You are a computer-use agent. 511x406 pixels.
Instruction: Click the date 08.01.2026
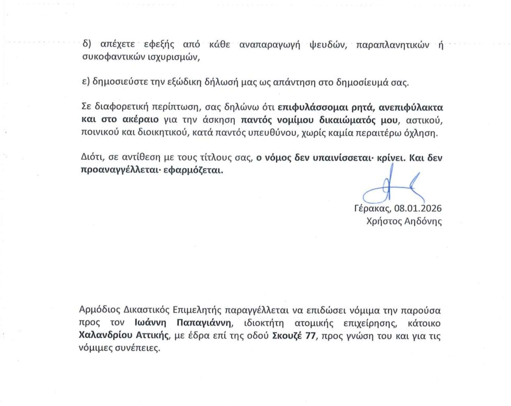[418, 208]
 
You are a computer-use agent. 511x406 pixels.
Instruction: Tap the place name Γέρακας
[372, 208]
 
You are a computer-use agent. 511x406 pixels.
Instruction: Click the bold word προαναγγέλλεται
[126, 170]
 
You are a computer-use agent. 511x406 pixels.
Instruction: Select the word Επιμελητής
[198, 310]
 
